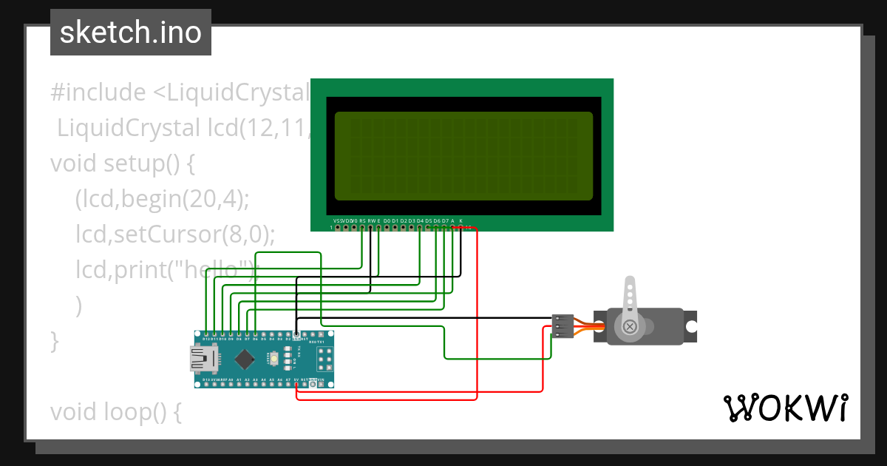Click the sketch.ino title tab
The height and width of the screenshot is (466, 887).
[131, 33]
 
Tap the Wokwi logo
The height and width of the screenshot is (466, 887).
[785, 408]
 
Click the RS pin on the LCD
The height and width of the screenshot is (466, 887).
[362, 227]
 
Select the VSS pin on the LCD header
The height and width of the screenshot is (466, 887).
[338, 227]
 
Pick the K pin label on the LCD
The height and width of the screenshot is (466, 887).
[461, 221]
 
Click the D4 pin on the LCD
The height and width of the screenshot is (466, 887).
[420, 227]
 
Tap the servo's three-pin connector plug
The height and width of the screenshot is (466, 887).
[563, 326]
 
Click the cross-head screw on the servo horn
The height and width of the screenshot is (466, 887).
[629, 326]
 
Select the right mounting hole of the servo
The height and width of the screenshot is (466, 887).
[691, 326]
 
